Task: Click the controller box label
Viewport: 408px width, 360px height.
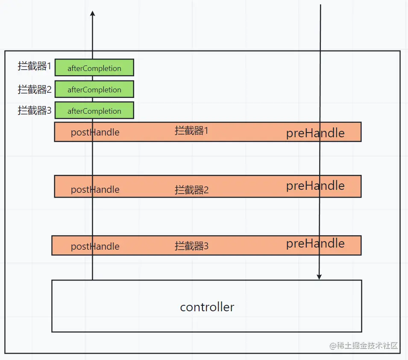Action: [x=207, y=307]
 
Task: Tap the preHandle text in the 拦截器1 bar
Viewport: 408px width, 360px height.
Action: [x=315, y=133]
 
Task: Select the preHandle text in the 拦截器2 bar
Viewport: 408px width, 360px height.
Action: [x=315, y=186]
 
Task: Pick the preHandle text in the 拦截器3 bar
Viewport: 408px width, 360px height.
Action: [x=315, y=243]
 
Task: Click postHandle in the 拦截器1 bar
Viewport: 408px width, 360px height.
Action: [x=95, y=132]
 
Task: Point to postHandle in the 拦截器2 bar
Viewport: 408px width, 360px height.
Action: [x=95, y=189]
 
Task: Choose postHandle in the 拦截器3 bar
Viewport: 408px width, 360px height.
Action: [x=95, y=246]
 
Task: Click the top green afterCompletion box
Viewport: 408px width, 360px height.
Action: [x=94, y=68]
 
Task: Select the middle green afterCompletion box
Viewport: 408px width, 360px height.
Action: [x=94, y=89]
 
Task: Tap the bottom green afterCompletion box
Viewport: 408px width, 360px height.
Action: [x=94, y=110]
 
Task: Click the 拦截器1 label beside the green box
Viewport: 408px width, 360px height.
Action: [x=34, y=66]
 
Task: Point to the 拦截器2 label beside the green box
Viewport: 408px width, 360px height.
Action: [x=34, y=89]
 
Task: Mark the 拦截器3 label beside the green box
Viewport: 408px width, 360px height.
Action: [x=34, y=110]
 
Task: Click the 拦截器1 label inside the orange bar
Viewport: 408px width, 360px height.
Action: [x=191, y=130]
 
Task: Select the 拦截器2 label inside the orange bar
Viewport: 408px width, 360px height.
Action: [x=191, y=190]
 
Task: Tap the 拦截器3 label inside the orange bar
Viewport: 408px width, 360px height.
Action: [x=191, y=246]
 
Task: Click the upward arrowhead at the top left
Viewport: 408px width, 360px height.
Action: [x=93, y=14]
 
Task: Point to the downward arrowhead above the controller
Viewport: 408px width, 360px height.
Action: [x=319, y=277]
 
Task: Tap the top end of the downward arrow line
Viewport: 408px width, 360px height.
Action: [x=320, y=5]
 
